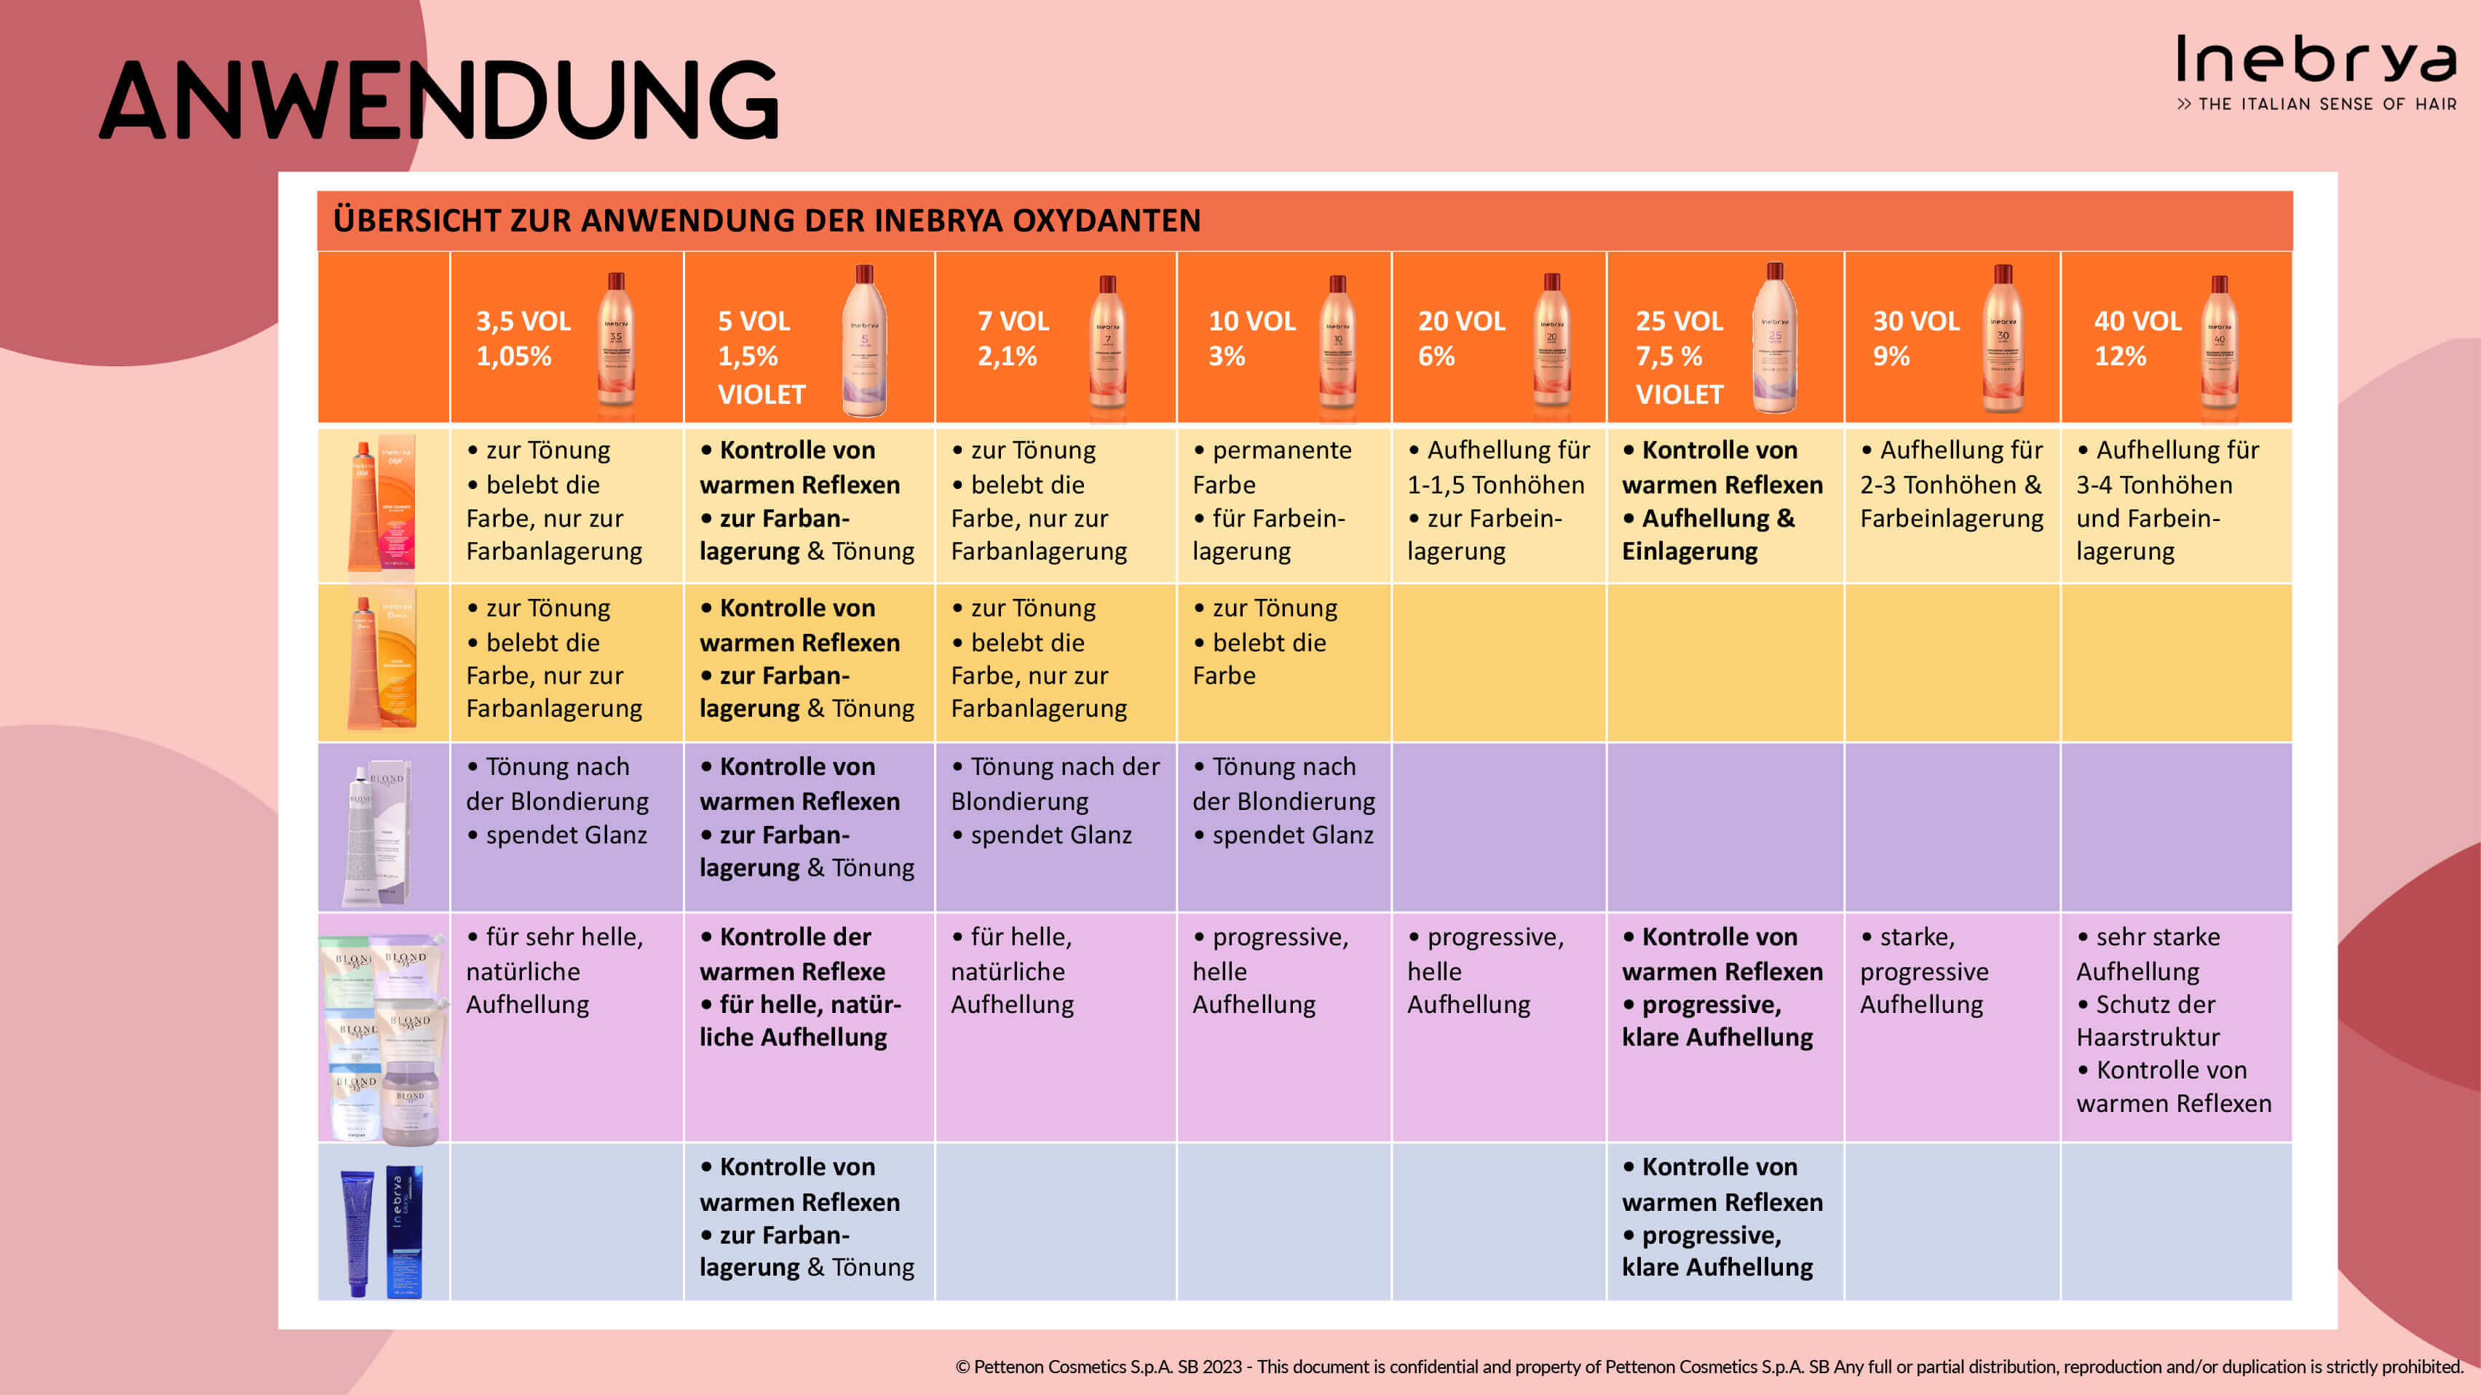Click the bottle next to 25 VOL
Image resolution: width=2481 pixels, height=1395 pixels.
(x=1774, y=339)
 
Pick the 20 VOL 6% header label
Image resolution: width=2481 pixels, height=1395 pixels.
(x=1460, y=338)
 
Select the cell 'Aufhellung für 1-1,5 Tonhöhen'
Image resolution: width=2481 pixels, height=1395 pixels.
(x=1497, y=501)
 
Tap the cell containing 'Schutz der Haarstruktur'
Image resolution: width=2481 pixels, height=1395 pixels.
(x=2173, y=1020)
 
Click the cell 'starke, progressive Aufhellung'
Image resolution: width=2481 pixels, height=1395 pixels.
(x=1923, y=971)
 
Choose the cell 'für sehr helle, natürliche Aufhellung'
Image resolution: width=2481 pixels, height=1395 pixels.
(x=555, y=971)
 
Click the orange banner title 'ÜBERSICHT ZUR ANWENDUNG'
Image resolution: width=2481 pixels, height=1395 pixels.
(x=767, y=220)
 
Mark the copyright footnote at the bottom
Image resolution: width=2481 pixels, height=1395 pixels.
(x=1709, y=1366)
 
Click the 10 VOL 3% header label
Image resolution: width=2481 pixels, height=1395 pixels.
(x=1251, y=338)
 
